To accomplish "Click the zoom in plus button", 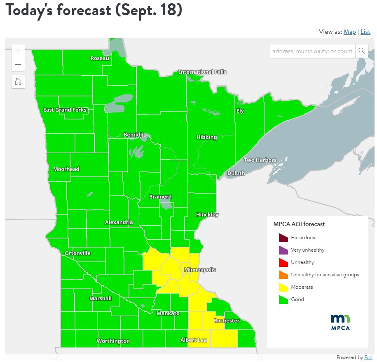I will (18, 51).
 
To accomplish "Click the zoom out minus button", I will (18, 65).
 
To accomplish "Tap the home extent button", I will (18, 81).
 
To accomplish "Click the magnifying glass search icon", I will (361, 51).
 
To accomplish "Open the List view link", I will (365, 32).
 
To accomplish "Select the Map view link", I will (349, 32).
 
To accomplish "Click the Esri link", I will (368, 357).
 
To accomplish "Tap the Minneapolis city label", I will (200, 270).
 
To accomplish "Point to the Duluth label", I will (236, 173).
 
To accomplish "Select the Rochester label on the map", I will (226, 321).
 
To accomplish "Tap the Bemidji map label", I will (134, 135).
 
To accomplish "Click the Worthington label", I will (113, 341).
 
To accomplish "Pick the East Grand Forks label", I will (65, 110).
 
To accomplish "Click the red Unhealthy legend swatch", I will (283, 262).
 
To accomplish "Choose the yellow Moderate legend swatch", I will (283, 287).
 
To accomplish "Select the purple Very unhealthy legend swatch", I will (283, 250).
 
